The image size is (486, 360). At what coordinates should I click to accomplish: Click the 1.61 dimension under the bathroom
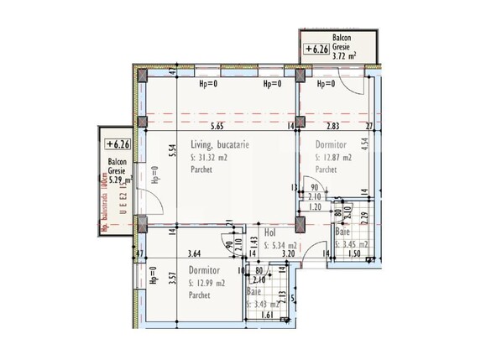coord(266,316)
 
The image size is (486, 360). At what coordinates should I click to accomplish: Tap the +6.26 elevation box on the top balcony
coord(316,49)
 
